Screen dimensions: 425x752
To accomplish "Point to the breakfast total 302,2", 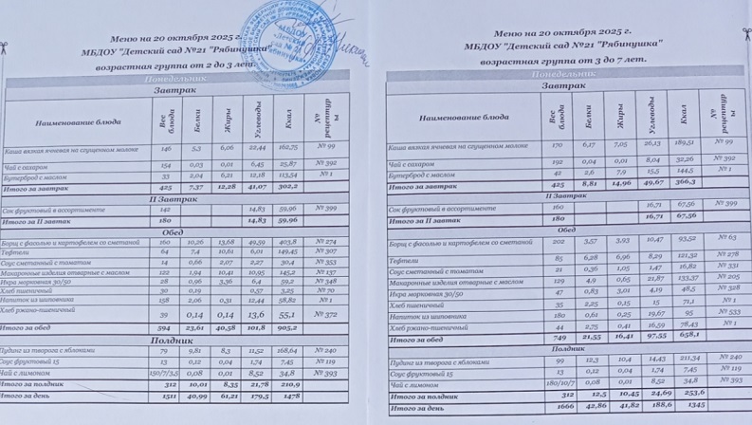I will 289,186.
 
